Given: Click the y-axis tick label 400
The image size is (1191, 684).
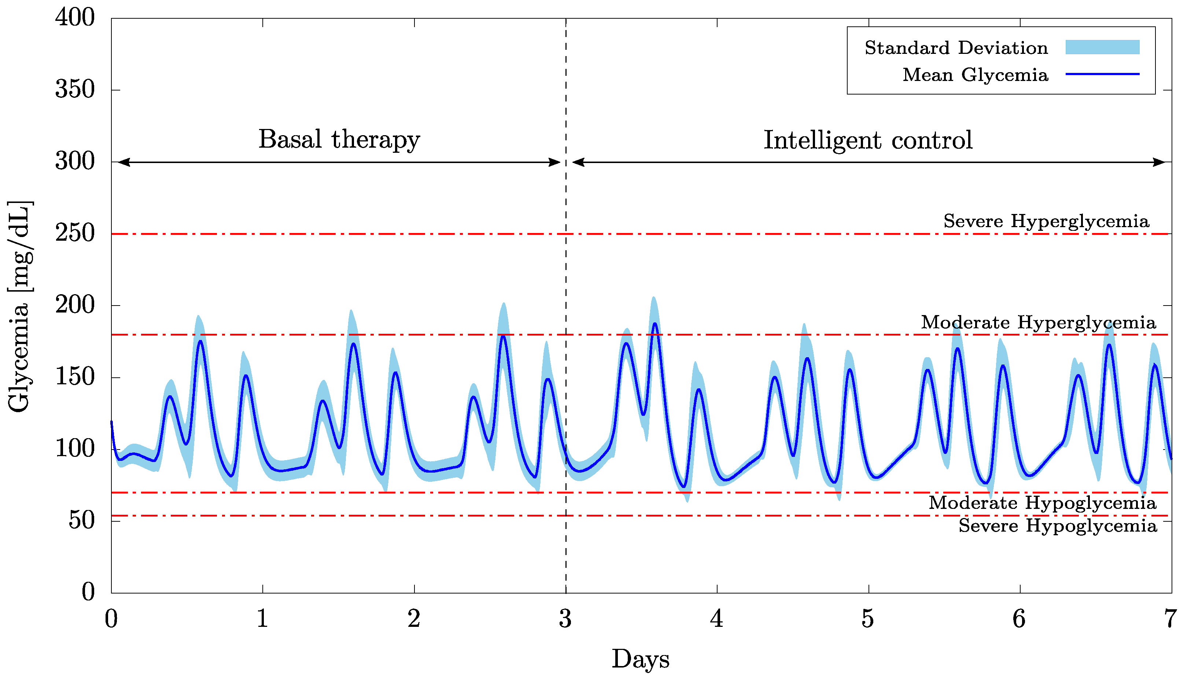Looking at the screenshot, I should pos(75,18).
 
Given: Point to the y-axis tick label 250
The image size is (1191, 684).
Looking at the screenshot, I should pos(75,233).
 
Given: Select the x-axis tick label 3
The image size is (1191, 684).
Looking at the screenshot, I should pos(565,619).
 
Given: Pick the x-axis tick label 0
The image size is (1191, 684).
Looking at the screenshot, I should pos(111,619).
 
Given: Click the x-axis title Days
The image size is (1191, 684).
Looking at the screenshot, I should pos(640,659).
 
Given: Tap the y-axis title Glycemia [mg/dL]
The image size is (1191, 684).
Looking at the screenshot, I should pos(20,306).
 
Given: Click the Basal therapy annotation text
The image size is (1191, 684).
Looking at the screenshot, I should pos(339,140).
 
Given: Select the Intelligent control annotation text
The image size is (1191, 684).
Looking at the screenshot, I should pos(868,140).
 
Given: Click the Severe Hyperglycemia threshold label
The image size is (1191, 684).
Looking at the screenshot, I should pos(1046,221).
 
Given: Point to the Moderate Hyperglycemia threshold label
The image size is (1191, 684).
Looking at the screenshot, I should pos(1038,322).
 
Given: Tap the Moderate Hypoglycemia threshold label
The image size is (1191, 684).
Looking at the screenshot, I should pos(1042,503).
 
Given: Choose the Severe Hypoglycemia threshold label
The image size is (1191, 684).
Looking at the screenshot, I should pos(1058,525).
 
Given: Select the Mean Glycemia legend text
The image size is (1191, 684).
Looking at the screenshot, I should pos(976,75).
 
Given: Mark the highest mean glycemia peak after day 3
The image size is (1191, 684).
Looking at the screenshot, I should pos(655,323).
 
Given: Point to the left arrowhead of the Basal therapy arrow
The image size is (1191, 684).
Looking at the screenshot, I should pos(123,163).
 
